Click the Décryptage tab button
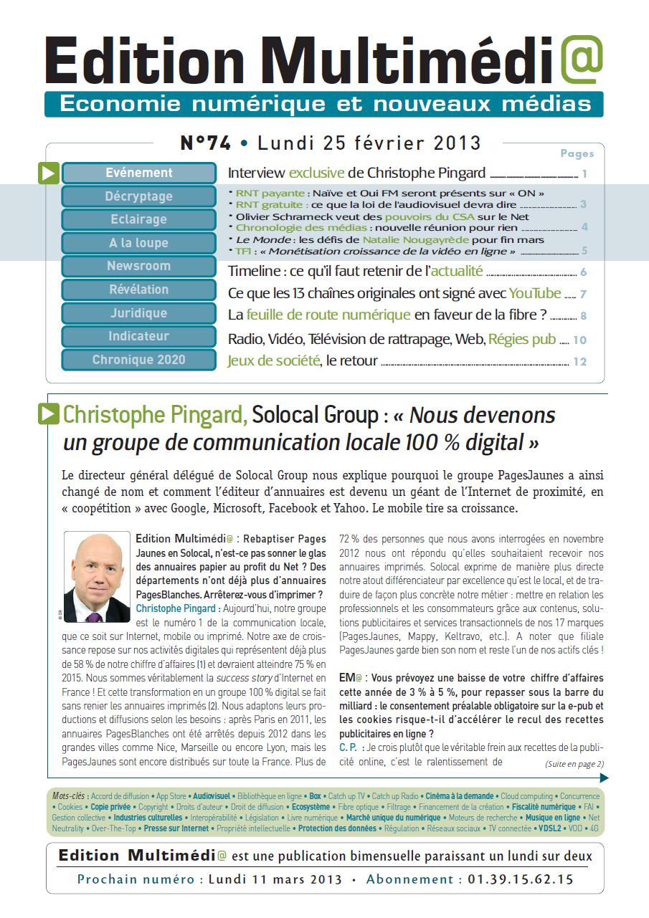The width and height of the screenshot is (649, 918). (139, 196)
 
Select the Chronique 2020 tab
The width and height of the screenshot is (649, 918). (139, 360)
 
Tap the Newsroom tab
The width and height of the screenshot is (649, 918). (139, 266)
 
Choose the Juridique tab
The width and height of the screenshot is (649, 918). (139, 313)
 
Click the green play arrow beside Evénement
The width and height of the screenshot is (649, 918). (49, 173)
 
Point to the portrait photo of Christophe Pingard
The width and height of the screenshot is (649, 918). (97, 576)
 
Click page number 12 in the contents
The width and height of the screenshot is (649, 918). (579, 361)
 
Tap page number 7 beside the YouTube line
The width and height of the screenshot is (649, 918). (584, 294)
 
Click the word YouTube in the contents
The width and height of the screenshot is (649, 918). (535, 293)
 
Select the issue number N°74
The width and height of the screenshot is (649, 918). (205, 143)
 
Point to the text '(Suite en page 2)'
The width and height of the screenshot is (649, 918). (574, 763)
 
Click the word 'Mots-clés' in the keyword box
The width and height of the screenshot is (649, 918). (68, 796)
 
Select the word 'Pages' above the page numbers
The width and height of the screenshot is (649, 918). (577, 153)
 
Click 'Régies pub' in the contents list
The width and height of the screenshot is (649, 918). (522, 340)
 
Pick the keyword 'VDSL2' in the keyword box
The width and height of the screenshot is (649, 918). (551, 828)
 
